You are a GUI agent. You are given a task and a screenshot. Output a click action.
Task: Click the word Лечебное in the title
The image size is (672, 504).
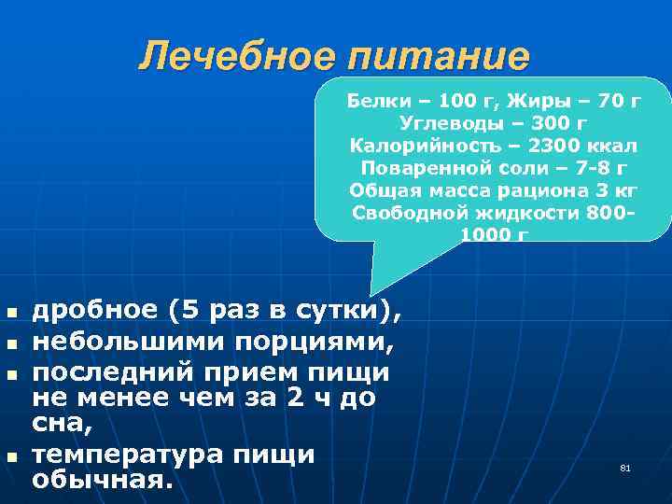point(237,57)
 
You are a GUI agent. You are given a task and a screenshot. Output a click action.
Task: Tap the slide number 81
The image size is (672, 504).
point(625,467)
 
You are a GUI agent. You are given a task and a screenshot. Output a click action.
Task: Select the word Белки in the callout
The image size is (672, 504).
point(373,100)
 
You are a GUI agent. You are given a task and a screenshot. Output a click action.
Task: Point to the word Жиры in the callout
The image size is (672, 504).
point(545,100)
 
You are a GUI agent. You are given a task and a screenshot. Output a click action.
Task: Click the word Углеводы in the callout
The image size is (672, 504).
point(443,122)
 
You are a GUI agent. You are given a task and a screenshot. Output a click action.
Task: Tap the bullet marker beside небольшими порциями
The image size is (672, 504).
point(10,343)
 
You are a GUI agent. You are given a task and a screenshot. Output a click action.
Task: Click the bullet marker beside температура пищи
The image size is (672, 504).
point(10,456)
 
